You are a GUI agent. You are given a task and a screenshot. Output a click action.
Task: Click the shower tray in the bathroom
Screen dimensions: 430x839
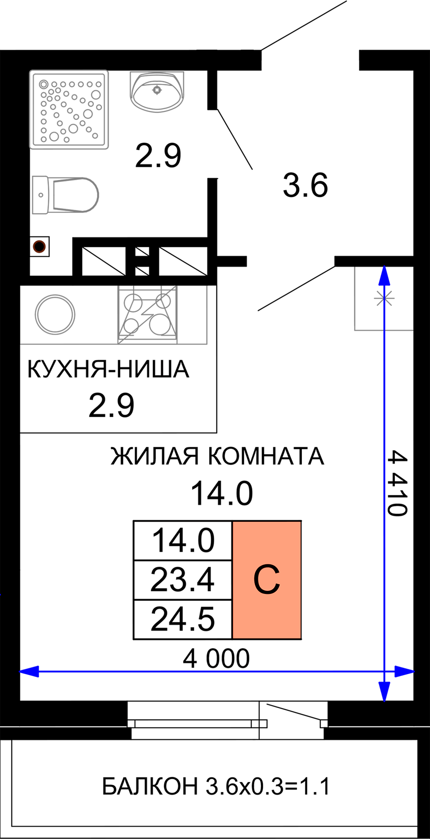[69, 110]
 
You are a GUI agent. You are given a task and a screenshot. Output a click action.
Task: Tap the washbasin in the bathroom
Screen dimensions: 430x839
[157, 92]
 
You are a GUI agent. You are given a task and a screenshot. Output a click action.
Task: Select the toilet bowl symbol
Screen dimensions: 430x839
[65, 195]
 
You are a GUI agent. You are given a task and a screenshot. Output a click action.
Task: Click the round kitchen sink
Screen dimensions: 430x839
[55, 314]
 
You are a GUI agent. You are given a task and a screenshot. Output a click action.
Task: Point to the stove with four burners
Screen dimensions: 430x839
[147, 315]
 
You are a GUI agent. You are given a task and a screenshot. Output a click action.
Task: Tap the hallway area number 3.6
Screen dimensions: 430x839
[305, 185]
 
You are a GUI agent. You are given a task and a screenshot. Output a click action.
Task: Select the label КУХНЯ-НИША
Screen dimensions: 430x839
[108, 369]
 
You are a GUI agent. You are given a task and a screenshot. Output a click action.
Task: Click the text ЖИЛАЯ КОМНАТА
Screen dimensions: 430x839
[217, 456]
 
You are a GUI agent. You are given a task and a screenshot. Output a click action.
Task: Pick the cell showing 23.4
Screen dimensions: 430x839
[183, 580]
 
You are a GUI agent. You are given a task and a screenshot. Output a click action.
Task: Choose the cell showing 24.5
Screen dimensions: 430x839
[183, 620]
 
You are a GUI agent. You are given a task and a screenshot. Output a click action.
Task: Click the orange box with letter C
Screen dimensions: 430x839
[267, 580]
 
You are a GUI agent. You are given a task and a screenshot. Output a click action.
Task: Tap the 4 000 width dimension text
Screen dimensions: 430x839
[216, 659]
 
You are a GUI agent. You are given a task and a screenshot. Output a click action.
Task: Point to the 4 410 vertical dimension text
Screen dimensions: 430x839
[396, 483]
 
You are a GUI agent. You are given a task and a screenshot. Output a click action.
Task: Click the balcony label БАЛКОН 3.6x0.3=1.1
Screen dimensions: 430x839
[216, 786]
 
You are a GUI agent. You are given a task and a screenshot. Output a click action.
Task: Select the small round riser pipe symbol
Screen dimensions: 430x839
[40, 247]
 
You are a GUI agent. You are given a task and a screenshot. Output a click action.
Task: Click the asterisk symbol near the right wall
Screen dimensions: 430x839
[384, 298]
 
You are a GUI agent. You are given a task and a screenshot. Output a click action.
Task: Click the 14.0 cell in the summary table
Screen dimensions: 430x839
[183, 541]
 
